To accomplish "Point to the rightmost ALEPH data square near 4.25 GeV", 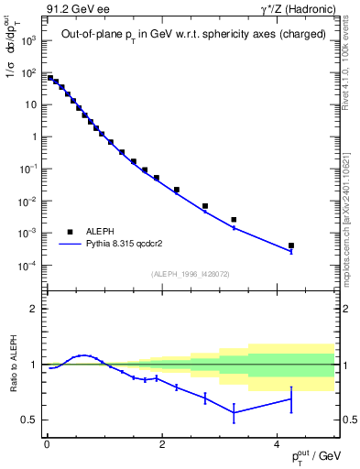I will [x=291, y=245].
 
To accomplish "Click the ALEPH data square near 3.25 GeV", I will [x=234, y=220].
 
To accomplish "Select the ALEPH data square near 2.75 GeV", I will [x=205, y=206].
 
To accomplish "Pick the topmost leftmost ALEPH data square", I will [x=49, y=78].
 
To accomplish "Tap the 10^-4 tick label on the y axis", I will [x=29, y=266].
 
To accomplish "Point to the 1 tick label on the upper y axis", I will [x=33, y=137].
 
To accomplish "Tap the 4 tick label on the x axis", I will [x=278, y=444].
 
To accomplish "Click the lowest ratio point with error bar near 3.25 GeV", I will [x=234, y=412].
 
